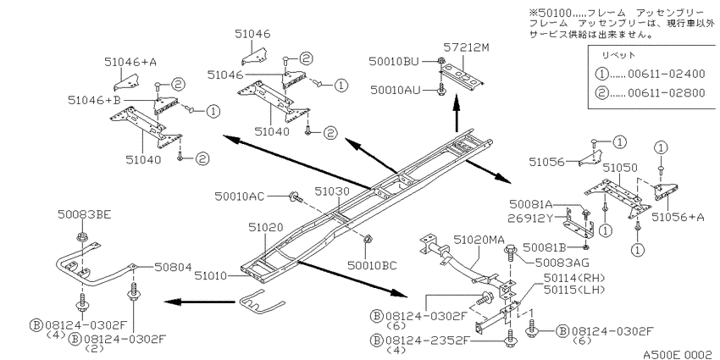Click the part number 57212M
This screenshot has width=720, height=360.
click(x=462, y=47)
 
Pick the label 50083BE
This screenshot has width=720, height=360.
click(x=85, y=214)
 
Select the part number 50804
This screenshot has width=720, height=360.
click(x=172, y=266)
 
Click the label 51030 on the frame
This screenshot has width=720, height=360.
click(x=332, y=191)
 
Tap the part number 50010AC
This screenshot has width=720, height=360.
click(x=239, y=197)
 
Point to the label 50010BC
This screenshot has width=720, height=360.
click(x=372, y=265)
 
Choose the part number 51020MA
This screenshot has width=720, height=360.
click(x=479, y=239)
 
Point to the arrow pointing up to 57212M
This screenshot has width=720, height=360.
click(x=457, y=114)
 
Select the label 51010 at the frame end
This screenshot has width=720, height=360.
click(x=210, y=275)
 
